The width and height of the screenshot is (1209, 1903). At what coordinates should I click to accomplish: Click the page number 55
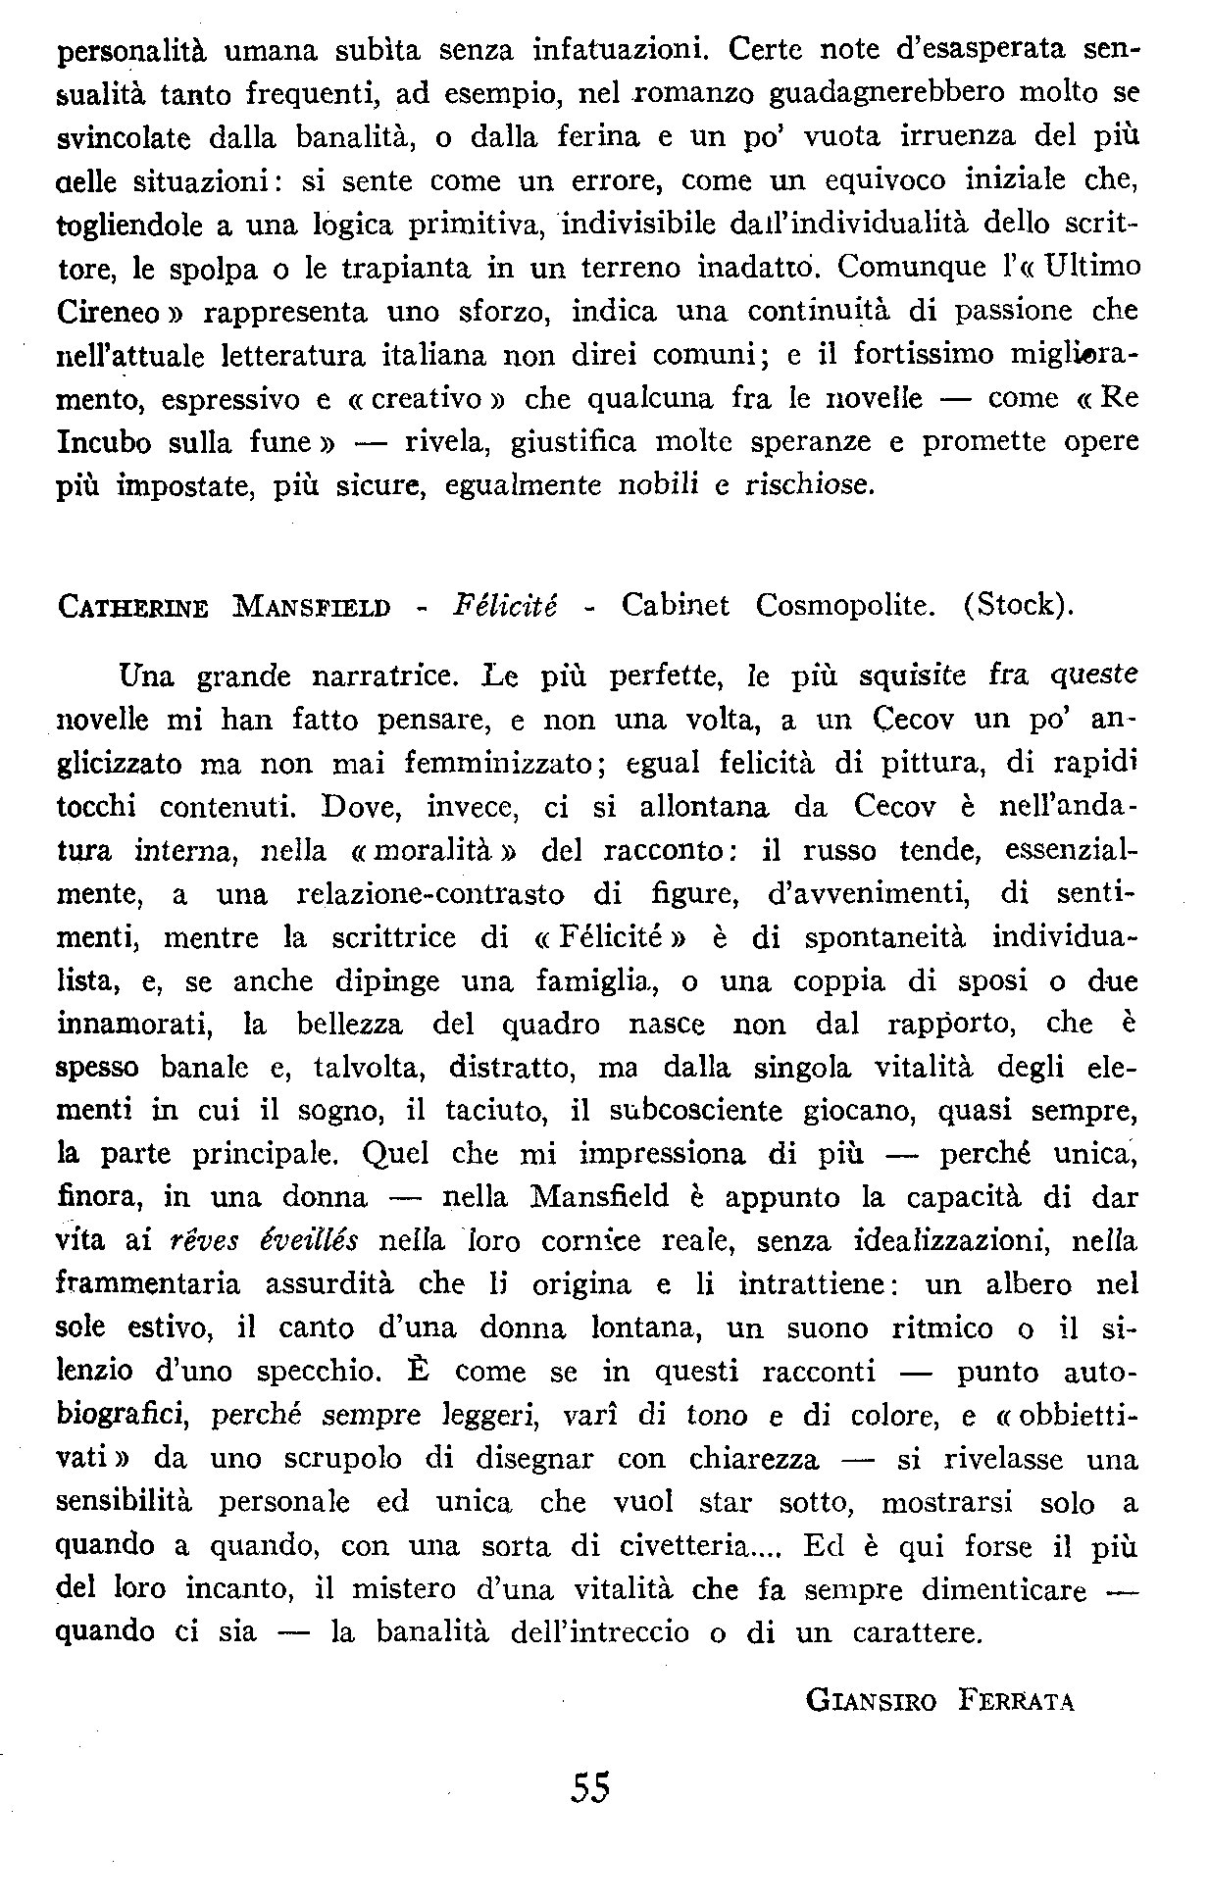point(589,1786)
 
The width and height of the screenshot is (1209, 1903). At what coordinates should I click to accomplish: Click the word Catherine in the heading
point(133,607)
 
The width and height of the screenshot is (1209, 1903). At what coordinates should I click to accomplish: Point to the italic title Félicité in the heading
point(505,605)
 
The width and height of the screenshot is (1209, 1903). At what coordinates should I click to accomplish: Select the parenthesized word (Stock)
point(1020,606)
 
